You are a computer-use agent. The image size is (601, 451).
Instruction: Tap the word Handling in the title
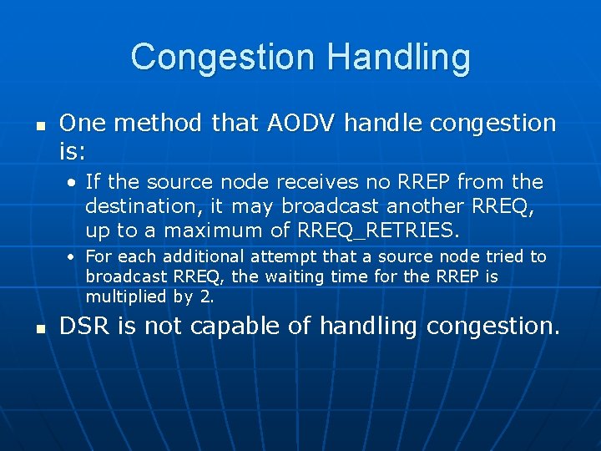[399, 58]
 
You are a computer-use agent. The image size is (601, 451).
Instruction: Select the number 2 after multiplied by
[208, 296]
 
